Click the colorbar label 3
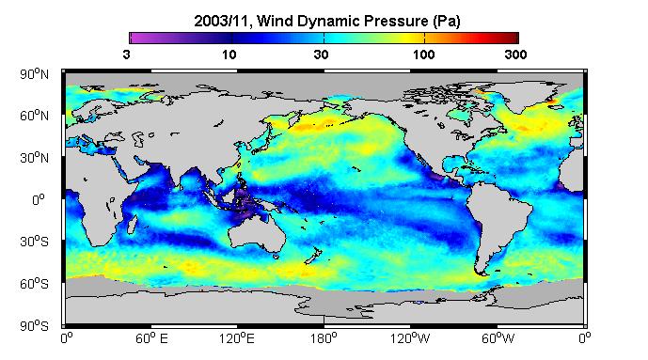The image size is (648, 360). [127, 55]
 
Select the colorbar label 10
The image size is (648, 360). [229, 55]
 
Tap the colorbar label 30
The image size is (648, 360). [321, 55]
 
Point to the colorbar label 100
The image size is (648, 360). [423, 55]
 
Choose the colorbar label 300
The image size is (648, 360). [515, 55]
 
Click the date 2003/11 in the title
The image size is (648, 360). [223, 21]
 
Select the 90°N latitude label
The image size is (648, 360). [34, 74]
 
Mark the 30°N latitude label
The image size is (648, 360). [34, 158]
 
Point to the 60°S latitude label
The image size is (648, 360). [34, 284]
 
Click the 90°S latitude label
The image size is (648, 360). [34, 326]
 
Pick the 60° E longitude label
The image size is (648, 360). [151, 339]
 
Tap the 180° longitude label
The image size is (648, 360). [324, 339]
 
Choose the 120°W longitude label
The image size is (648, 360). [410, 339]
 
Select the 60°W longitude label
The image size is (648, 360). [498, 339]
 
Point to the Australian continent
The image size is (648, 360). [258, 233]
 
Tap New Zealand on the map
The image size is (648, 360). [312, 255]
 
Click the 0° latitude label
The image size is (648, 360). [38, 200]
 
